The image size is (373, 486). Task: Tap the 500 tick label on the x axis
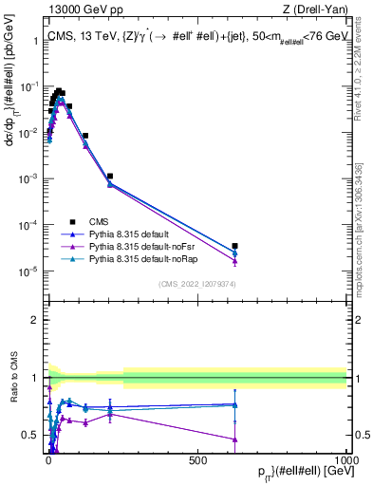tap(198, 459)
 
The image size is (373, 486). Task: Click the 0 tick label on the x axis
tap(48, 459)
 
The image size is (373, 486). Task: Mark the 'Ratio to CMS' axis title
tap(12, 390)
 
